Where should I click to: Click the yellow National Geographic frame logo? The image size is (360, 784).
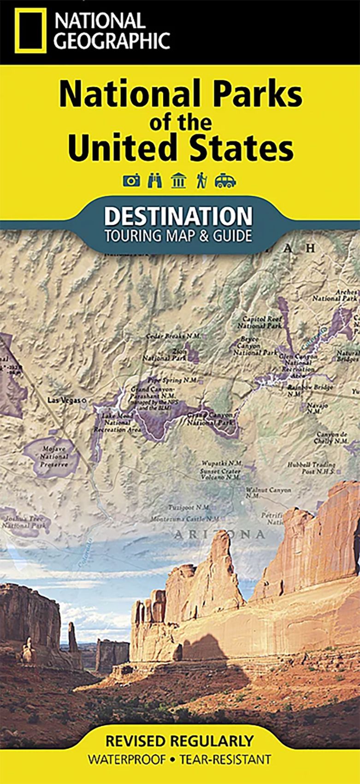(30, 31)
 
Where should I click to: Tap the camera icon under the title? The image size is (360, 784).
(131, 181)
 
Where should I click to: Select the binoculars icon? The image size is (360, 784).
(154, 181)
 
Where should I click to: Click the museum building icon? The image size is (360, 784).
(178, 181)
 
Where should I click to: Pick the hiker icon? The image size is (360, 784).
(201, 181)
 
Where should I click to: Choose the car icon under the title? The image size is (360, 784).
(225, 181)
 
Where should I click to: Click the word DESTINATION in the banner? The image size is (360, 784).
(178, 216)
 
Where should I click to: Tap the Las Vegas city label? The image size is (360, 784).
(65, 400)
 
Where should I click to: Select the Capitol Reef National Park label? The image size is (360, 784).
(260, 322)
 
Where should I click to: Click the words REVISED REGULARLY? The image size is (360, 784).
(179, 741)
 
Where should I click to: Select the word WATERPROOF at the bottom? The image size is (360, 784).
(126, 759)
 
